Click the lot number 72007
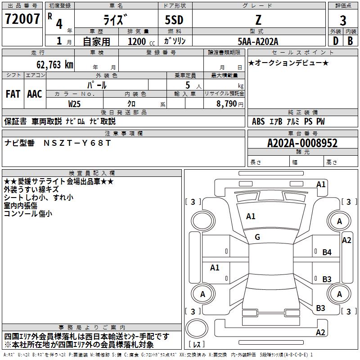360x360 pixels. click(22, 19)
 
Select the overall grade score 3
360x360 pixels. click(343, 20)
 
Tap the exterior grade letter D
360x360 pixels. click(335, 41)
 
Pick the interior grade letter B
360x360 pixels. click(350, 41)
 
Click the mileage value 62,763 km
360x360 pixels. click(55, 64)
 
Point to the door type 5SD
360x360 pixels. click(174, 20)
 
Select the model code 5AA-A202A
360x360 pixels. click(258, 41)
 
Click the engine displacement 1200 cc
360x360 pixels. click(141, 41)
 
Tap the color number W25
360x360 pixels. click(74, 104)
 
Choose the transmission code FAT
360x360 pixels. click(13, 94)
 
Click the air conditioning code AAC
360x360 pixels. click(35, 94)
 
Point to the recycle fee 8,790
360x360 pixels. click(227, 103)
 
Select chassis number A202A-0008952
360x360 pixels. click(302, 143)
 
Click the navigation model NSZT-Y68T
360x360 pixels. click(77, 143)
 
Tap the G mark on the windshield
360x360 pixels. click(257, 237)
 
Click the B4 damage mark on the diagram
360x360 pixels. click(327, 252)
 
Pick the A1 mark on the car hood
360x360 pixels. click(251, 216)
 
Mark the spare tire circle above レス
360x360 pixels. click(197, 328)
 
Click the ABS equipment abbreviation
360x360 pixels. click(258, 121)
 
